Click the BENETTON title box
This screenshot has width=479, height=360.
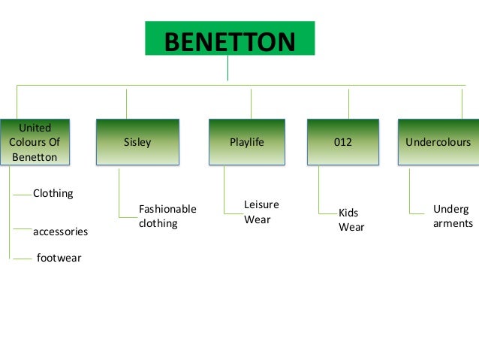click(230, 40)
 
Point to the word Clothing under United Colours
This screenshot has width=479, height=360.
click(53, 193)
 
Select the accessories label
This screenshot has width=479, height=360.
click(60, 232)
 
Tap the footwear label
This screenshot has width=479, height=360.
click(59, 259)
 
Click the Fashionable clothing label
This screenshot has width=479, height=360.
click(167, 216)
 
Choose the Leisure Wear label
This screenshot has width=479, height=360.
click(261, 212)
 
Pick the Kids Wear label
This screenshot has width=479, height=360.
click(351, 220)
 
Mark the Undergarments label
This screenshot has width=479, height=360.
click(453, 216)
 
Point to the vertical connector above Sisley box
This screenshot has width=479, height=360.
click(126, 104)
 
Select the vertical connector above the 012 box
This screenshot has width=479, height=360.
click(349, 104)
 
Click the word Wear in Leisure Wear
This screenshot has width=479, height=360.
click(257, 220)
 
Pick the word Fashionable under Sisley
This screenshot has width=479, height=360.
click(167, 209)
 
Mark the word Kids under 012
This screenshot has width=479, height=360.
click(348, 213)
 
